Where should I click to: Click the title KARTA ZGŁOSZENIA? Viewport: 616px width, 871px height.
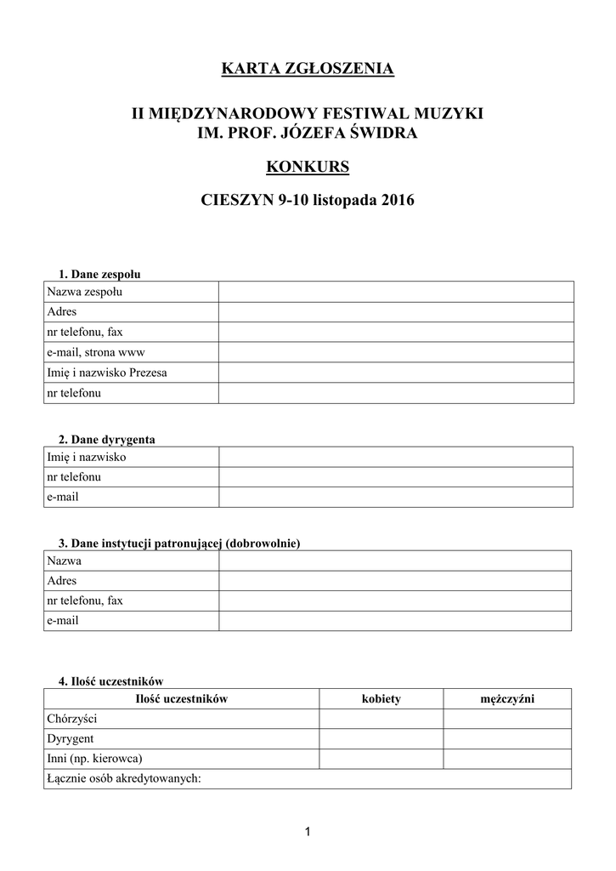pyautogui.click(x=308, y=69)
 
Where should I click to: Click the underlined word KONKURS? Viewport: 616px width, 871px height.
pyautogui.click(x=308, y=167)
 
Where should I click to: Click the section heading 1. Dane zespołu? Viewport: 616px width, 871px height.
pyautogui.click(x=99, y=275)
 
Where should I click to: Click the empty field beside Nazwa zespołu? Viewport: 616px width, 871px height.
pyautogui.click(x=395, y=293)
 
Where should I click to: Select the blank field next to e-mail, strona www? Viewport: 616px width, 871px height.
pyautogui.click(x=395, y=352)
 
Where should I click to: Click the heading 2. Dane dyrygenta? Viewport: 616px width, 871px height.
pyautogui.click(x=107, y=440)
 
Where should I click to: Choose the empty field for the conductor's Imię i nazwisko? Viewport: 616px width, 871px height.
pyautogui.click(x=395, y=458)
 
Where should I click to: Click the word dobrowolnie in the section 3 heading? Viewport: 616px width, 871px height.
pyautogui.click(x=263, y=543)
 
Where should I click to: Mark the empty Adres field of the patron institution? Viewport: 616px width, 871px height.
pyautogui.click(x=395, y=581)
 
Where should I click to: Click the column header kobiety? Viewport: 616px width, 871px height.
pyautogui.click(x=381, y=698)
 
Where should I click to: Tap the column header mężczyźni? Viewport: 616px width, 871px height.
pyautogui.click(x=507, y=698)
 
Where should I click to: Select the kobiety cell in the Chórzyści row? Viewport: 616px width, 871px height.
pyautogui.click(x=381, y=719)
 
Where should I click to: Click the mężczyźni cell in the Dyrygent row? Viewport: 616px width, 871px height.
pyautogui.click(x=507, y=738)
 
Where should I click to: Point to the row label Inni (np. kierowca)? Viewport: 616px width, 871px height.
pyautogui.click(x=94, y=758)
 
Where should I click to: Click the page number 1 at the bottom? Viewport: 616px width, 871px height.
pyautogui.click(x=308, y=831)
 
